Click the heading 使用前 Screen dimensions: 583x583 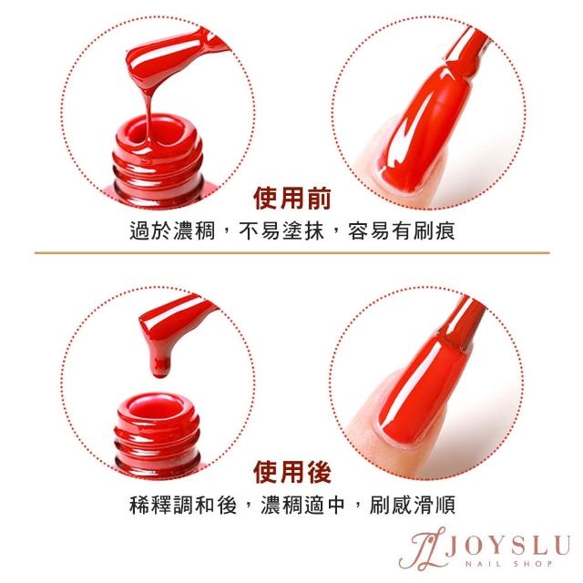pos(291,199)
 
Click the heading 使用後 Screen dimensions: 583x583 pos(291,472)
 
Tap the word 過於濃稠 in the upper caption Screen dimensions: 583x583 pos(172,230)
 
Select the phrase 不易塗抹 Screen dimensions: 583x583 pos(281,230)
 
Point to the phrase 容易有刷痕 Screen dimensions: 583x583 pos(402,230)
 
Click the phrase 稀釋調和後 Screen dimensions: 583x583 pos(183,505)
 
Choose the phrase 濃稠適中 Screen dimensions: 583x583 pos(302,505)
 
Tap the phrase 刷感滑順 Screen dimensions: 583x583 pos(413,505)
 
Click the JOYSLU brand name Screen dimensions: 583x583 pos(507,546)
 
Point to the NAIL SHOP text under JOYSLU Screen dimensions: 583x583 pos(509,564)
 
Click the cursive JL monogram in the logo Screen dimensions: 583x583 pos(422,549)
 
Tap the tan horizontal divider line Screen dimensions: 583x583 pos(291,253)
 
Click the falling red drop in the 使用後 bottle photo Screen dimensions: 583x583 pos(160,366)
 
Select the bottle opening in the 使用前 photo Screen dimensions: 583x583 pos(158,132)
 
